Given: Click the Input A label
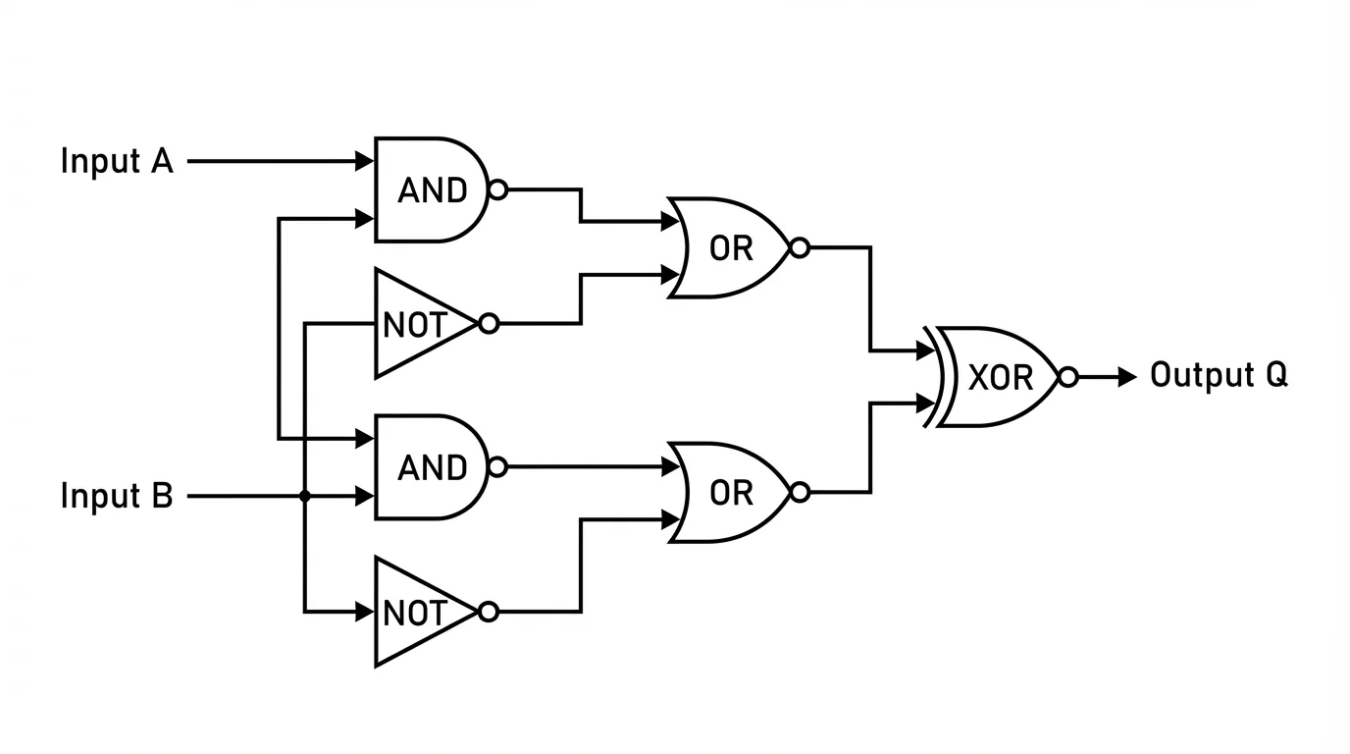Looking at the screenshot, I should pos(117,161).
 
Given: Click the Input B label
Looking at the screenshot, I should pos(117,496).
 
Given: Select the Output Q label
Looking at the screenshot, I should pos(1219,375).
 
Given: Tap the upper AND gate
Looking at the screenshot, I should pos(431,189).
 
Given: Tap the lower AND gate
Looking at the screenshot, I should pos(431,467).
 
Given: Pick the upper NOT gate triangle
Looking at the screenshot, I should pos(417,324).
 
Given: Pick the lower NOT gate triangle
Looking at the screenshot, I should pos(417,613).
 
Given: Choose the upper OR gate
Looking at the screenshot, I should pos(730,247).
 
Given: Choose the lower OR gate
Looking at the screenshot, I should pos(730,493).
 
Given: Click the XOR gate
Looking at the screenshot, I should pos(999,377).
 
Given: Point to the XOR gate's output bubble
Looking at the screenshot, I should pos(1068,377).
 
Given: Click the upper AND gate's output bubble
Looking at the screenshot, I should pos(497,189).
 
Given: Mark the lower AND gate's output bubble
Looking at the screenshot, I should pos(497,467).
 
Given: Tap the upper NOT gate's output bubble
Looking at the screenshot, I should pos(488,324).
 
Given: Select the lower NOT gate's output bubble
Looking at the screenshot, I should pos(488,613).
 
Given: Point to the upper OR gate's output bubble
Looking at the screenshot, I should pos(800,247).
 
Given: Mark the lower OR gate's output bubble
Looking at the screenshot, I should pos(800,493).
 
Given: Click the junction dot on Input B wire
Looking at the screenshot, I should pos(305,497).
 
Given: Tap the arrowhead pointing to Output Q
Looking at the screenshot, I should pos(1128,377).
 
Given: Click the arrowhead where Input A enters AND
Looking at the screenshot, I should pos(365,161).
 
